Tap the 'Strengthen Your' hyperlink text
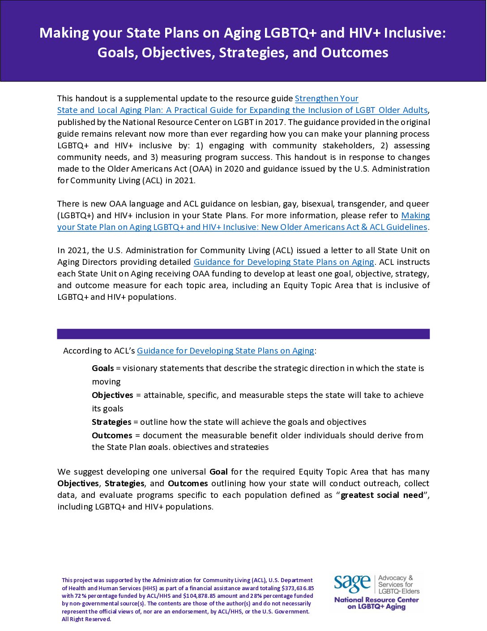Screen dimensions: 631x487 (x=326, y=99)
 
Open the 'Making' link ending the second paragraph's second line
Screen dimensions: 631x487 (x=415, y=216)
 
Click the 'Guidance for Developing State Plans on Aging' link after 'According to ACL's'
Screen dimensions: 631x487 (x=225, y=351)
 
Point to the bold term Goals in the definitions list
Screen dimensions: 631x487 (x=103, y=368)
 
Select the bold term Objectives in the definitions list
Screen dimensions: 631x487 (x=112, y=395)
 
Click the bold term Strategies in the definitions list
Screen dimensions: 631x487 (x=111, y=422)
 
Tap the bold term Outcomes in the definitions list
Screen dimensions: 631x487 (x=112, y=436)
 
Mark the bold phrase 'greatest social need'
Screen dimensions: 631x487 (x=382, y=495)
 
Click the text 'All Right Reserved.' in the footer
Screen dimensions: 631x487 (x=86, y=619)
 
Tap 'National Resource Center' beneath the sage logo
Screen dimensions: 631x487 (x=376, y=600)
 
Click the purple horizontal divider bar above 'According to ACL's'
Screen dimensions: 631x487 (x=243, y=334)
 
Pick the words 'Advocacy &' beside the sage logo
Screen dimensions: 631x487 (x=396, y=578)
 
